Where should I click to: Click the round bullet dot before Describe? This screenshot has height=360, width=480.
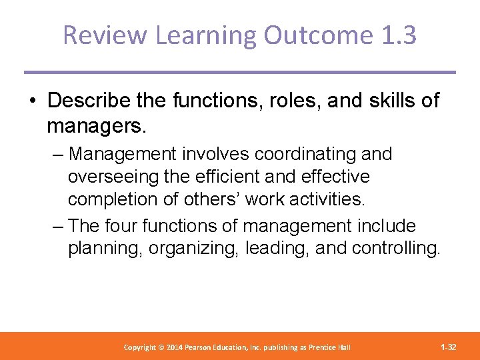pos(33,101)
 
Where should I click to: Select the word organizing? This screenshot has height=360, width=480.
pos(194,249)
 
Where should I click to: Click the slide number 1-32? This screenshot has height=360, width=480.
pos(448,347)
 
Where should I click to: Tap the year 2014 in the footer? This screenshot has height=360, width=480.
pos(175,347)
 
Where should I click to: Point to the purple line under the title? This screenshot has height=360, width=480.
pos(240,72)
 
